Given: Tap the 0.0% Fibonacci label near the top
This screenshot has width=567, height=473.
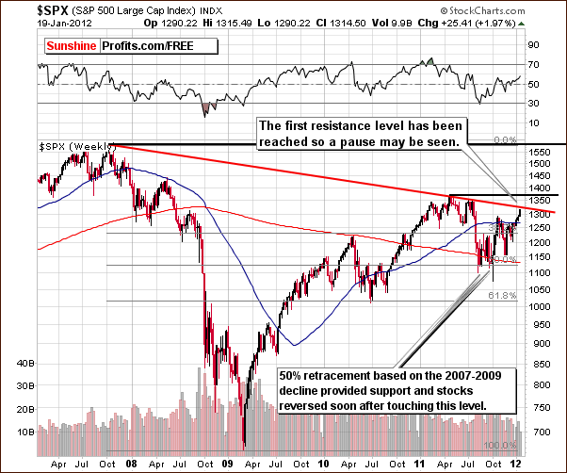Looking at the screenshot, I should point(506,139).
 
